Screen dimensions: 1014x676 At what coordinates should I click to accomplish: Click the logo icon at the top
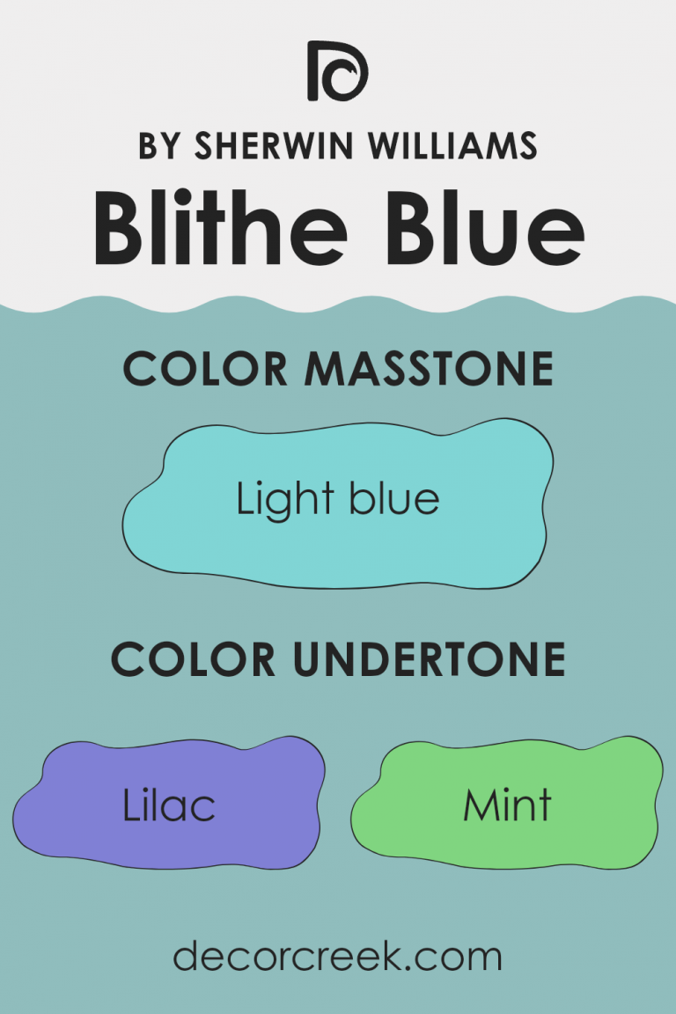click(337, 70)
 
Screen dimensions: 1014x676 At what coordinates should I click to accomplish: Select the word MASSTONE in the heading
click(430, 369)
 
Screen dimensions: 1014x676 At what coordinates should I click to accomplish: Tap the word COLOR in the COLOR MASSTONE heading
click(209, 369)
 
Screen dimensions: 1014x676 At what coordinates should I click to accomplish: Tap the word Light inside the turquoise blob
click(283, 501)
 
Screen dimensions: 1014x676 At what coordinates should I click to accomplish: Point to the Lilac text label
click(169, 805)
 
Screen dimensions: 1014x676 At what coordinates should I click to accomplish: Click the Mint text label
click(508, 805)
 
